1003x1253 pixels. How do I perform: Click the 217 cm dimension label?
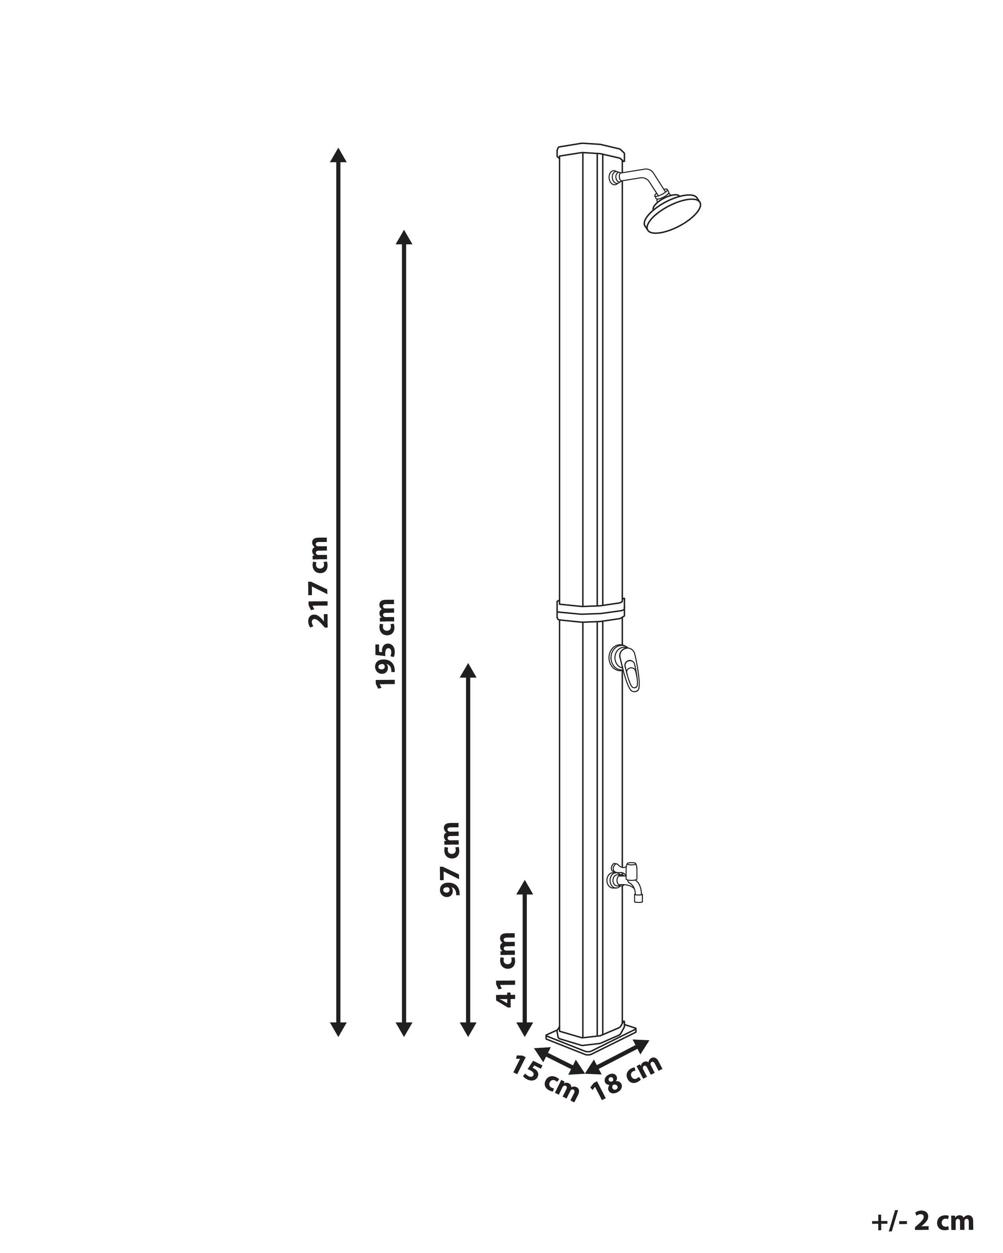[x=319, y=582]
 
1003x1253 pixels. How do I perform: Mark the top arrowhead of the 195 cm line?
[x=404, y=237]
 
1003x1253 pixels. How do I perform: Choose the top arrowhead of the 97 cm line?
[x=468, y=671]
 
